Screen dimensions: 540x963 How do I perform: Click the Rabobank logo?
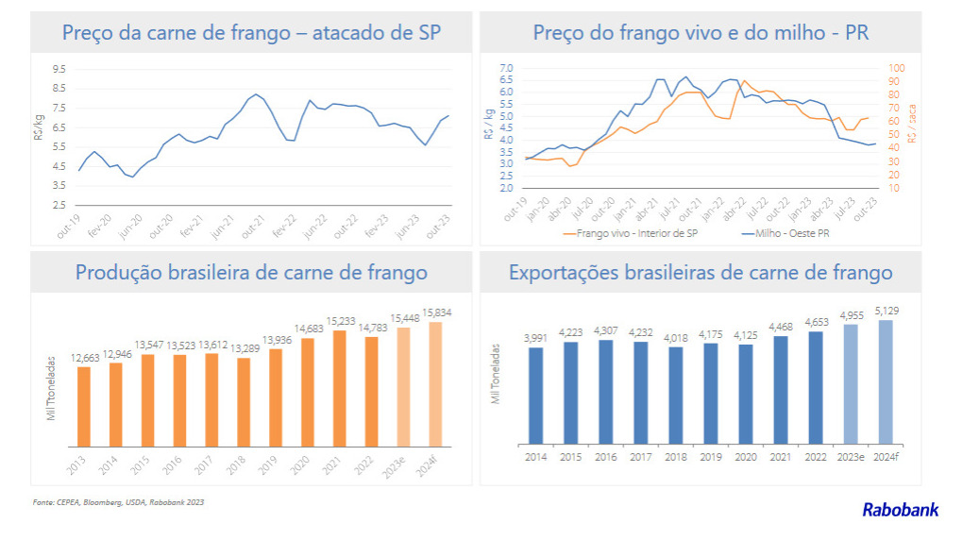[x=900, y=510]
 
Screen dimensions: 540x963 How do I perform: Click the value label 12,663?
[x=84, y=359]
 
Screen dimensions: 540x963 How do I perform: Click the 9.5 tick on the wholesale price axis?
[x=59, y=69]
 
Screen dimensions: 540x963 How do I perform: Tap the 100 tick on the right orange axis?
[x=897, y=68]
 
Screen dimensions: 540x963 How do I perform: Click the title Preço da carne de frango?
[x=251, y=33]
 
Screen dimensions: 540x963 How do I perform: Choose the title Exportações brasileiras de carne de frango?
[x=701, y=273]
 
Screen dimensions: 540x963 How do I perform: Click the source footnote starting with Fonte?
[x=118, y=502]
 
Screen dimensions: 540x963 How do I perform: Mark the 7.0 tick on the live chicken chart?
[x=506, y=68]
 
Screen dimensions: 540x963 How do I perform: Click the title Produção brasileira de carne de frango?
[x=251, y=273]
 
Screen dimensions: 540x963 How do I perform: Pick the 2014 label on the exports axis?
[x=535, y=457]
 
